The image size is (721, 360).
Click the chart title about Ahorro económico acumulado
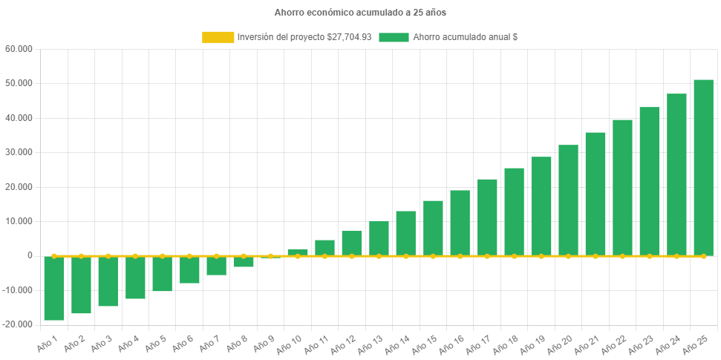[360, 13]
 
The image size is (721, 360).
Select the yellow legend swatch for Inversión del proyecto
[218, 37]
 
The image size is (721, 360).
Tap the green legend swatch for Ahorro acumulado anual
[394, 37]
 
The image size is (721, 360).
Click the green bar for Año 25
[703, 167]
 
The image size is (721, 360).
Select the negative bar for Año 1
[54, 288]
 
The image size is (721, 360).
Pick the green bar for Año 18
[514, 212]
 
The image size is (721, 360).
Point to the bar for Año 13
[379, 238]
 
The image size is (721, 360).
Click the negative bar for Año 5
[163, 273]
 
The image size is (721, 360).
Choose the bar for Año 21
[595, 194]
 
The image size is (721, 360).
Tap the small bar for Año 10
[298, 252]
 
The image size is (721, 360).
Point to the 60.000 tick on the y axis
[19, 49]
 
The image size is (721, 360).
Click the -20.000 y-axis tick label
[18, 324]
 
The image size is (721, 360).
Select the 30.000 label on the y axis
[19, 152]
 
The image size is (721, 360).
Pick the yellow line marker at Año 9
[270, 256]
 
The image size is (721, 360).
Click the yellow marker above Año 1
[54, 256]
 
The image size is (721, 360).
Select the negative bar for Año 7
[216, 266]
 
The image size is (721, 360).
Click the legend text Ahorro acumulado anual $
[465, 37]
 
